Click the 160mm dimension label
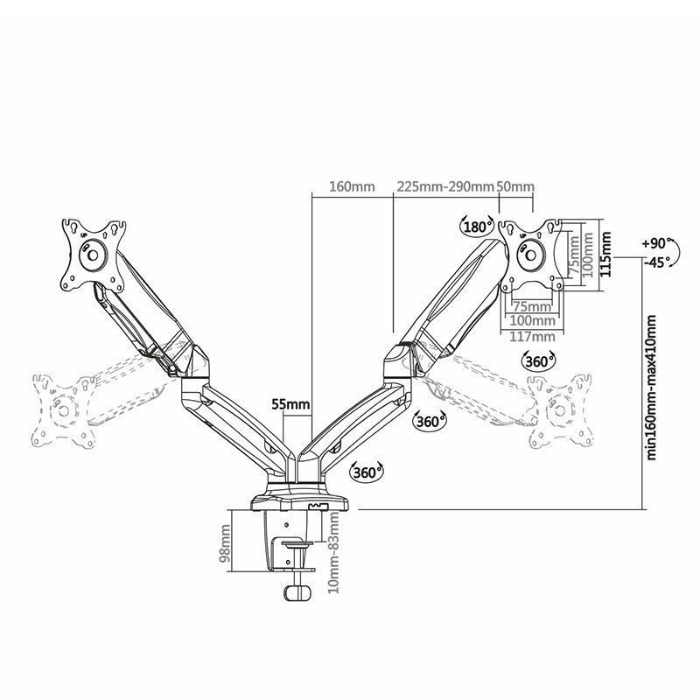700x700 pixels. pyautogui.click(x=352, y=186)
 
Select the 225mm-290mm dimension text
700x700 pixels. pyautogui.click(x=444, y=186)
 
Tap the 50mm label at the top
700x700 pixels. pyautogui.click(x=515, y=186)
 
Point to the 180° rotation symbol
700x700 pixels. pyautogui.click(x=477, y=227)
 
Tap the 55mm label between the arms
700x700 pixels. pyautogui.click(x=290, y=404)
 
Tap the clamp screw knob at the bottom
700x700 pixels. pyautogui.click(x=297, y=592)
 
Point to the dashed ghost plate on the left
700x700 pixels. pyautogui.click(x=62, y=409)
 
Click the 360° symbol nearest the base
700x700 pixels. pyautogui.click(x=367, y=472)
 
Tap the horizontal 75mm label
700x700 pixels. pyautogui.click(x=531, y=307)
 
